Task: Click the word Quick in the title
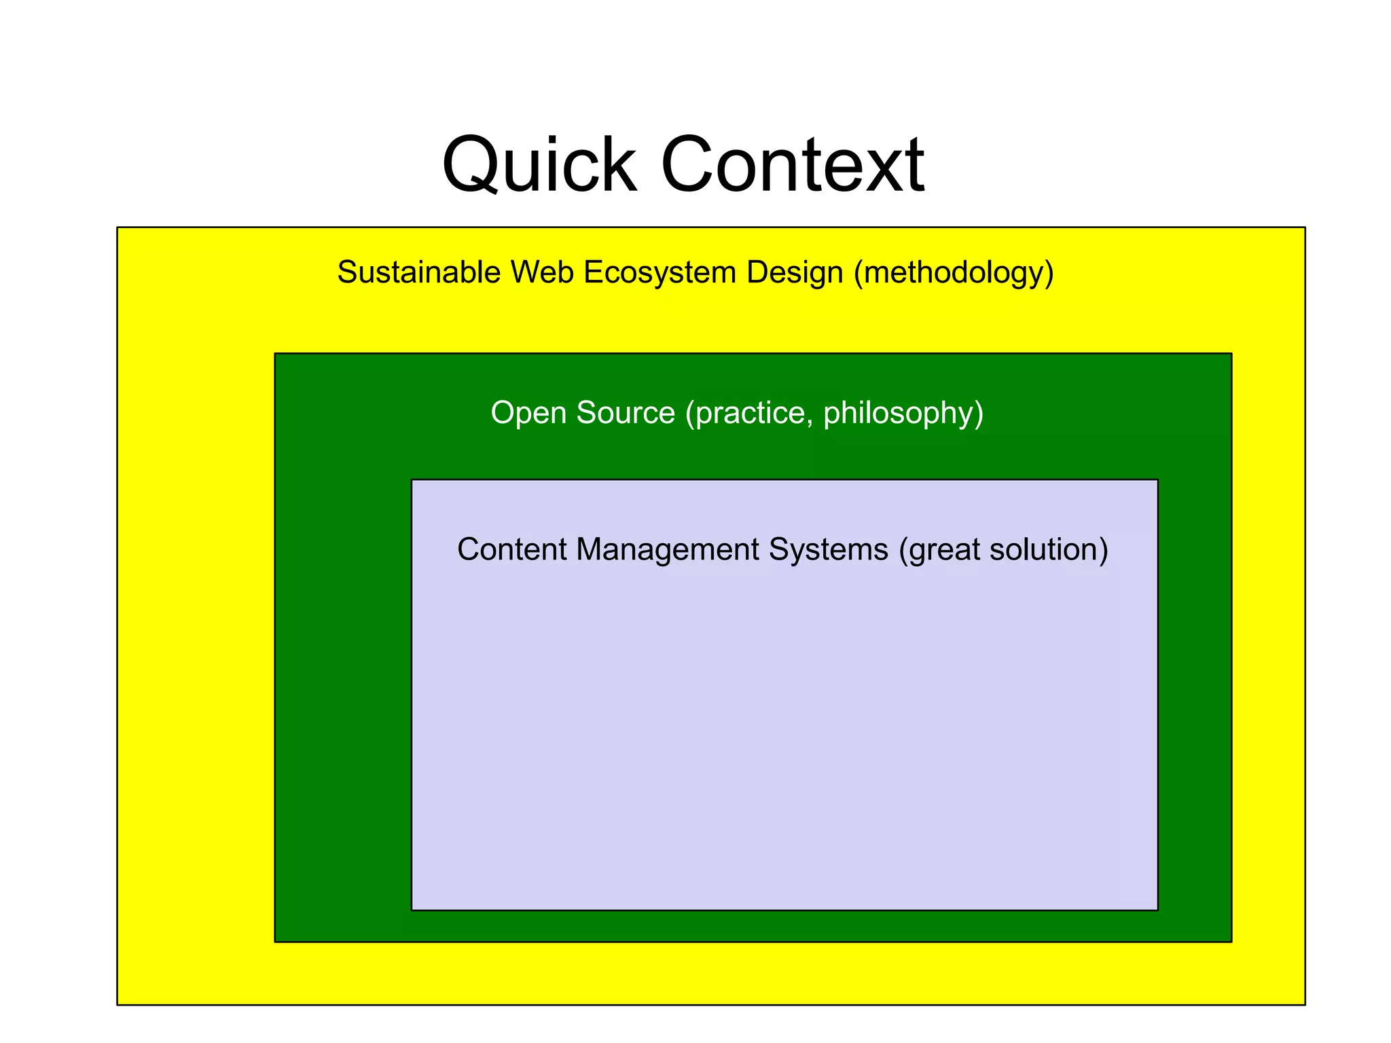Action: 539,165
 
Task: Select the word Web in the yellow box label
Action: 542,272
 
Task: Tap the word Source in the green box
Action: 626,413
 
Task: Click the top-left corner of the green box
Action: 275,354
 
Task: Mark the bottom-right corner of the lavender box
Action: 1157,910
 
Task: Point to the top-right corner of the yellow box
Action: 1305,227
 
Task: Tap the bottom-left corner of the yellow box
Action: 118,1004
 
